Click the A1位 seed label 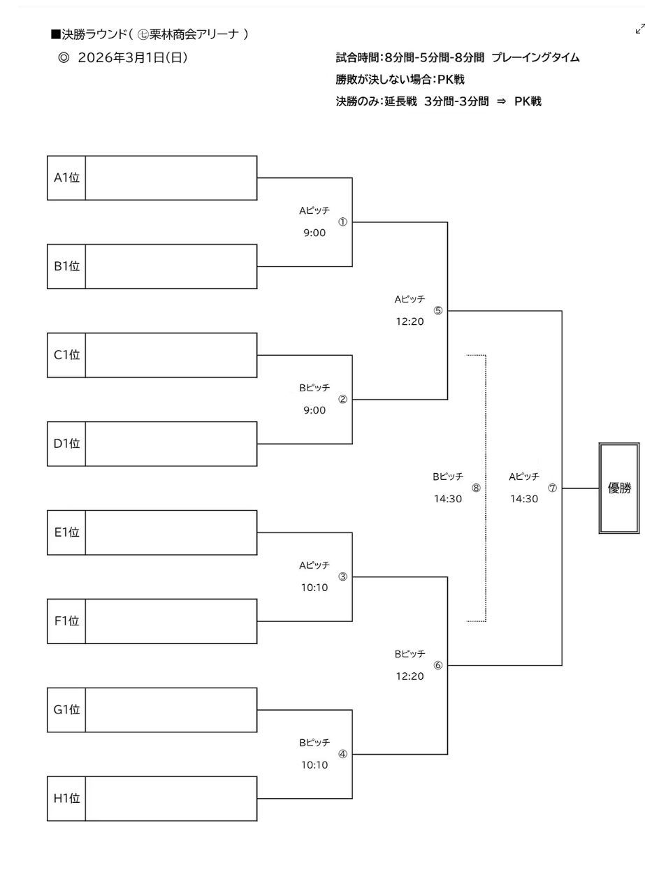coord(66,177)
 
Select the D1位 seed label coord(66,444)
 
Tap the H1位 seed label coord(66,798)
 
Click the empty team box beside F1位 coord(171,620)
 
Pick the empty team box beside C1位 coord(171,355)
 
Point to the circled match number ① coord(342,222)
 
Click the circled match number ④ coord(342,754)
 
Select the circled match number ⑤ coord(438,311)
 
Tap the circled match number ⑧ coord(476,488)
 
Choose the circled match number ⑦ coord(552,488)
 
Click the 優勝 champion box coord(619,488)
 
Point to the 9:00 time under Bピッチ coord(314,411)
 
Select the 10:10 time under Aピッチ coord(314,588)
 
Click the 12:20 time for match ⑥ coord(410,676)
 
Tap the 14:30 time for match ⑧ coord(448,499)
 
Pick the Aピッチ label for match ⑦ coord(524,477)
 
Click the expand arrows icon coord(639,29)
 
